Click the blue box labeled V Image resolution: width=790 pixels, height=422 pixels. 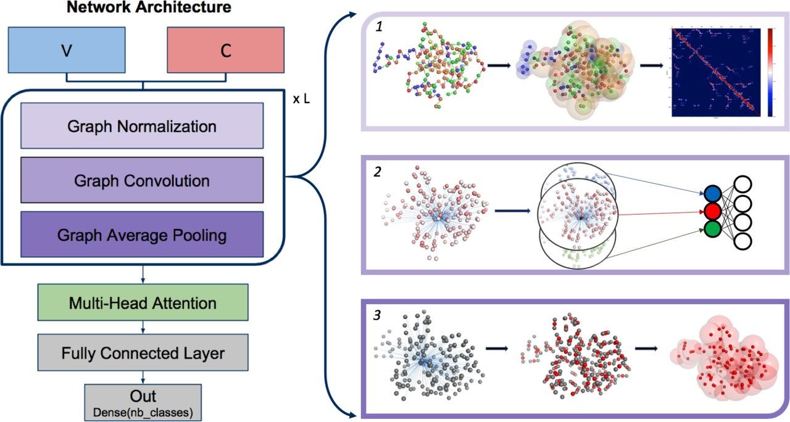click(x=66, y=50)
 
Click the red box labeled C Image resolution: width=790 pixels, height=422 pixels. click(x=225, y=50)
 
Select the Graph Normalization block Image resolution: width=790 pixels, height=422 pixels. click(x=141, y=126)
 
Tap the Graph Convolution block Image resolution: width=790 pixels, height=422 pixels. click(x=141, y=180)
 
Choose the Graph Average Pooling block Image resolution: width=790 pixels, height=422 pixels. click(x=141, y=234)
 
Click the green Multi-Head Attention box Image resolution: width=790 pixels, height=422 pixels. click(x=143, y=302)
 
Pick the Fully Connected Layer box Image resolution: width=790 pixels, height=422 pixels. click(x=143, y=353)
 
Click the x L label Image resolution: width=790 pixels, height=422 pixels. click(x=301, y=98)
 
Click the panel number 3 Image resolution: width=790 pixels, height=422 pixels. click(x=377, y=314)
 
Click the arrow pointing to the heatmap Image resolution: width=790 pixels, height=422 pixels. click(x=652, y=64)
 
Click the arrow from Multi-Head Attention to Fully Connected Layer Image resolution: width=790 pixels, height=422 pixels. click(x=143, y=326)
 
